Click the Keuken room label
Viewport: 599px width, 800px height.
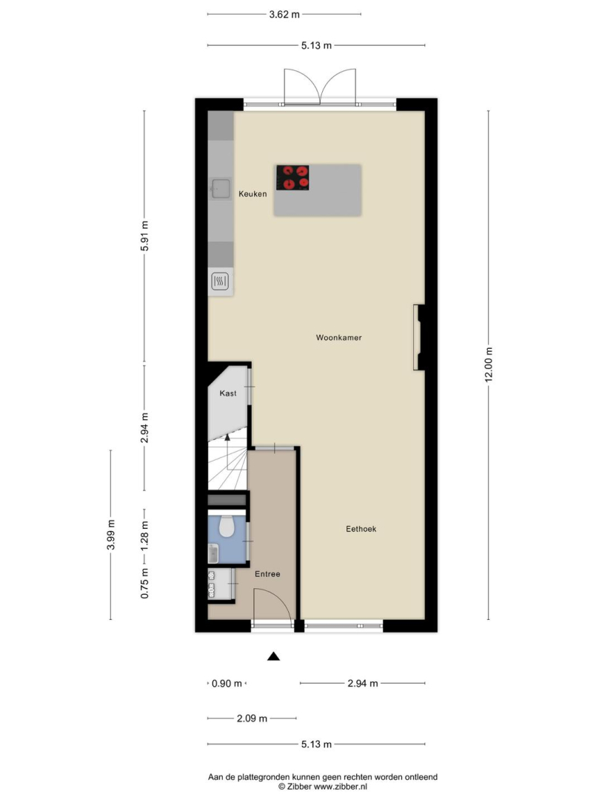(x=252, y=194)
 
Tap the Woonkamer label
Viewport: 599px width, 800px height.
(x=338, y=337)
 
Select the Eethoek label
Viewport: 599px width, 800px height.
(x=361, y=529)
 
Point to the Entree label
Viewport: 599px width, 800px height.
(x=267, y=574)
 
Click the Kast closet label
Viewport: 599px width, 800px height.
(x=228, y=393)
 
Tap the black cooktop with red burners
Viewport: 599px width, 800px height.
(x=292, y=178)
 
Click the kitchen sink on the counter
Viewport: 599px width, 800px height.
(x=221, y=189)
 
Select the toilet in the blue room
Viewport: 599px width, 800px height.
(x=227, y=526)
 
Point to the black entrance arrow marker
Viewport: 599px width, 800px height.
(x=274, y=656)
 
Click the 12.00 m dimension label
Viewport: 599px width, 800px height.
(x=489, y=364)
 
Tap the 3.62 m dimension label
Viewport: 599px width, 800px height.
(x=284, y=14)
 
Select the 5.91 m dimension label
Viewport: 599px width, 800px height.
(x=145, y=236)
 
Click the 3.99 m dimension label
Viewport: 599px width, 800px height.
(x=110, y=535)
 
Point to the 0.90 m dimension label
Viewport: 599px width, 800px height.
(x=227, y=684)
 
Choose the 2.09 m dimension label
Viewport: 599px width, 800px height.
(x=252, y=719)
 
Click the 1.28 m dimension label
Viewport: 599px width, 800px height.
(x=145, y=536)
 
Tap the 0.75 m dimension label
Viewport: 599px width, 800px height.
(x=145, y=583)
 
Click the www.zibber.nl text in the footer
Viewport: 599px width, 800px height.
(x=340, y=787)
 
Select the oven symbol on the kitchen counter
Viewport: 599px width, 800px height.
(x=220, y=281)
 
